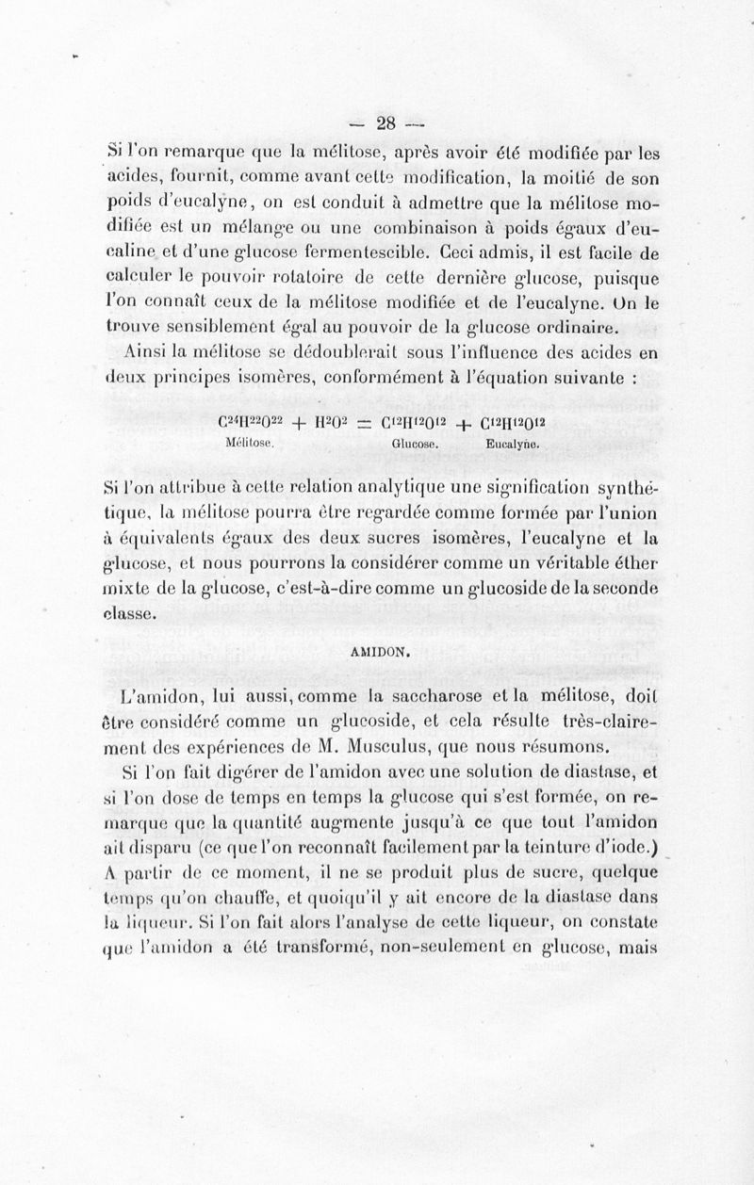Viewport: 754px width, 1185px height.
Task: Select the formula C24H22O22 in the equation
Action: [x=249, y=424]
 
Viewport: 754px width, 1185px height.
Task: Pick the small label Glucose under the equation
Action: [x=412, y=444]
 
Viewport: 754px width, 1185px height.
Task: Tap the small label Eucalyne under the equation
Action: [x=512, y=444]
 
